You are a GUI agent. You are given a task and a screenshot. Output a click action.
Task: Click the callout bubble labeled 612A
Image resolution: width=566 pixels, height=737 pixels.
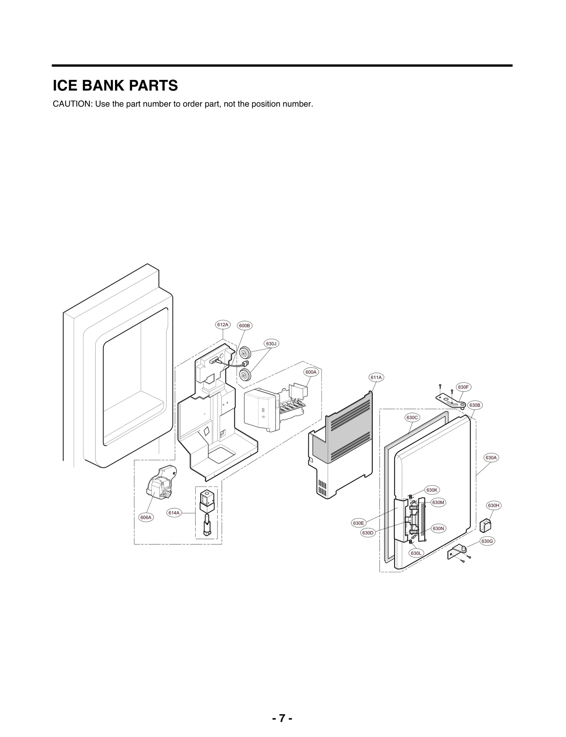tap(223, 324)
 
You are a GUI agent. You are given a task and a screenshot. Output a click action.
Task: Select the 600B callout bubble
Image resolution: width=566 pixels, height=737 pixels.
tap(244, 325)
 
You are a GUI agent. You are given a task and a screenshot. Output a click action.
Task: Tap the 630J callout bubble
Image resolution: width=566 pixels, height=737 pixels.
tap(271, 343)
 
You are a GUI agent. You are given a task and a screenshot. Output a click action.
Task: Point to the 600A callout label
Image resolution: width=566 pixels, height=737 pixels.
tap(311, 372)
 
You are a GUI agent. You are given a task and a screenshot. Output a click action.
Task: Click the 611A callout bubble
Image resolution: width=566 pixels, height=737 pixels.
tap(376, 377)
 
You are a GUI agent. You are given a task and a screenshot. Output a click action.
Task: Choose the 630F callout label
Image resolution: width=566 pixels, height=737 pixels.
tap(463, 387)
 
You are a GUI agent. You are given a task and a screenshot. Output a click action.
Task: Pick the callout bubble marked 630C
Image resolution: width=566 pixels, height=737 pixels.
tap(412, 417)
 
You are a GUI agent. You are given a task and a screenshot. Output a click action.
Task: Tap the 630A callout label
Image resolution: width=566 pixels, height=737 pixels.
tap(491, 458)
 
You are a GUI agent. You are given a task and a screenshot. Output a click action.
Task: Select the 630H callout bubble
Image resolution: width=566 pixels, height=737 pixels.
tap(493, 505)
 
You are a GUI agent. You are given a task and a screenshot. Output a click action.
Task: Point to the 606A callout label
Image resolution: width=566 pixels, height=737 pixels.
tap(145, 517)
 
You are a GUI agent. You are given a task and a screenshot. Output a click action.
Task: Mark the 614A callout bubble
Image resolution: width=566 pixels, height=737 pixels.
tap(174, 512)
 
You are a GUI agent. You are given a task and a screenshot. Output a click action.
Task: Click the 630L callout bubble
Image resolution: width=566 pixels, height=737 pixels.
tap(416, 553)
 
